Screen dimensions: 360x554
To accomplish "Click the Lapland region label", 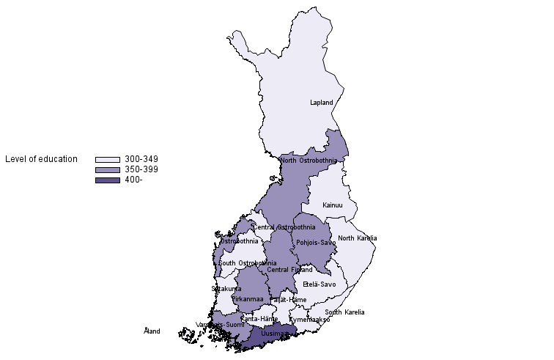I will coord(321,103).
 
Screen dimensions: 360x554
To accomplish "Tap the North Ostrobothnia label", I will coord(309,161).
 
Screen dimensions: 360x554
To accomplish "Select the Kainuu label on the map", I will coord(333,205).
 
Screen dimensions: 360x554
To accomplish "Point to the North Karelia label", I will coord(357,238).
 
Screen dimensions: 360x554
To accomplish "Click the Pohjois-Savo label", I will coord(316,243).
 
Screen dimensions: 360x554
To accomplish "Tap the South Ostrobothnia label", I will coord(247,263).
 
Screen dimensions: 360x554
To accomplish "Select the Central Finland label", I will coord(289,270).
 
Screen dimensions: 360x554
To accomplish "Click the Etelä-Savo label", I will coord(319,284).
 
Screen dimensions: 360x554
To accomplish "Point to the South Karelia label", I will coord(344,312).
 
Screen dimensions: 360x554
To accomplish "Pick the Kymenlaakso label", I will coord(309,320).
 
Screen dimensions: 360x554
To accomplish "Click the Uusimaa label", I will coord(274,334).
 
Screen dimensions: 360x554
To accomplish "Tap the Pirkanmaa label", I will coord(247,299).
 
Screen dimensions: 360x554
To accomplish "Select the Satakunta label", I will coord(226,289).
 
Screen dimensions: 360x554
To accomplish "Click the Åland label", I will coord(152,331).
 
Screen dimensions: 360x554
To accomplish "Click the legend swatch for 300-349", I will coord(107,159).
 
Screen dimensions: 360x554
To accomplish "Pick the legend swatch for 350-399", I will coord(107,170).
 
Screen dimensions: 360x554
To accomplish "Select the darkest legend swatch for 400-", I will coord(107,180).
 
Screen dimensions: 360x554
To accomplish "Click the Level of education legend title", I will coord(41,159).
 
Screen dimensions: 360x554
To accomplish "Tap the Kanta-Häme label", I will coord(259,319).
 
